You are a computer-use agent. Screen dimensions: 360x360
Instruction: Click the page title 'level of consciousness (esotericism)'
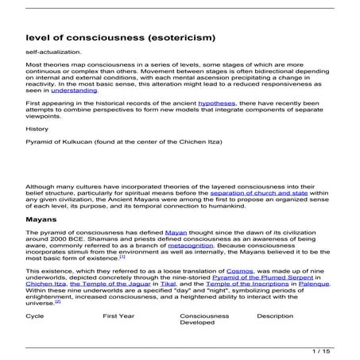[121, 37]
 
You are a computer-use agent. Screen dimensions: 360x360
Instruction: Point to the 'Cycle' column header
[35, 315]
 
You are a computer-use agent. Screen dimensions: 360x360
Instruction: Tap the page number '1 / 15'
[322, 350]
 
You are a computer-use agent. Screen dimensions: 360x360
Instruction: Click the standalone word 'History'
[37, 128]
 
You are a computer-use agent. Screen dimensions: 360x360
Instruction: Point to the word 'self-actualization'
[50, 52]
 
